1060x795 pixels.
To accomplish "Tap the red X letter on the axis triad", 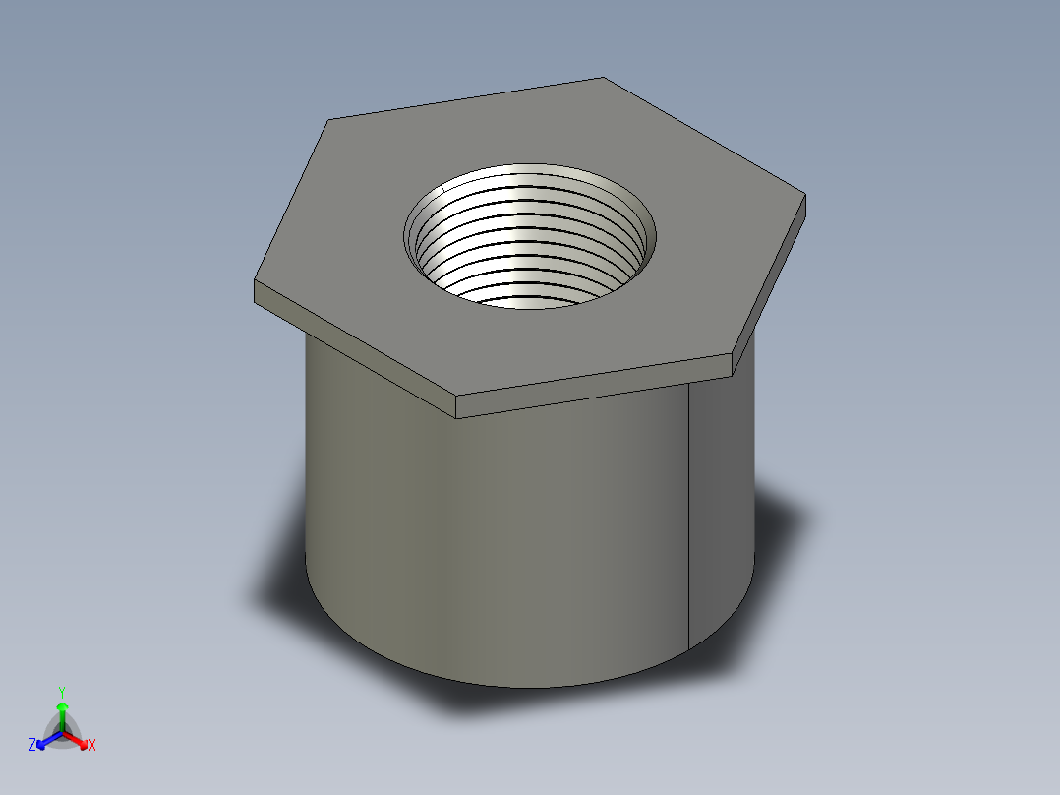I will pos(92,746).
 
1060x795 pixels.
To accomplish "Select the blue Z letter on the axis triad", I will pos(32,746).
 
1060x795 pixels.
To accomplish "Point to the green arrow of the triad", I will pos(62,710).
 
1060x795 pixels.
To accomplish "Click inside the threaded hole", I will pos(531,246).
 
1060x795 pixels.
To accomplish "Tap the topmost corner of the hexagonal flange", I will pos(601,78).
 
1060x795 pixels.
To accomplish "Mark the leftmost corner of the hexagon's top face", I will pos(255,282).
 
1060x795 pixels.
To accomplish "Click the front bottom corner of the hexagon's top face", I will pos(457,397).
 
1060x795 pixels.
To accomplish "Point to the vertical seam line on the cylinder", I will pos(688,512).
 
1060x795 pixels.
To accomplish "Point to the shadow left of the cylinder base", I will pos(280,581).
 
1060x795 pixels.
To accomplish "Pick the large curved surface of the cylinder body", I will pos(492,531).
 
